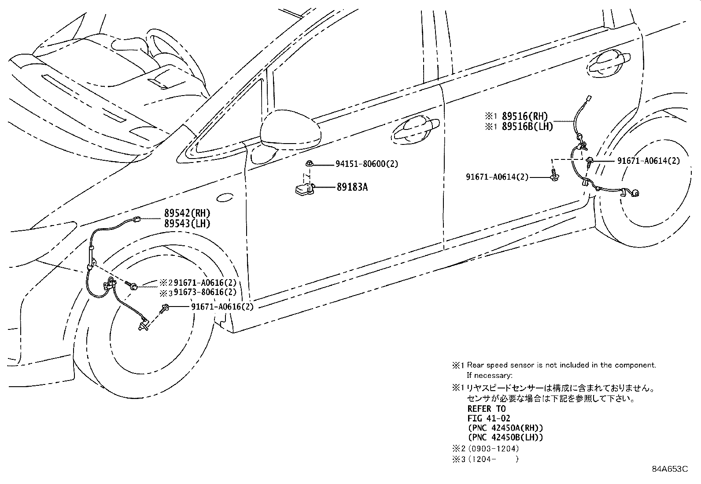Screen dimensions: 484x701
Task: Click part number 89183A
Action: point(352,187)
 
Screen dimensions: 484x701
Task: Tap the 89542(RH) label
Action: point(187,214)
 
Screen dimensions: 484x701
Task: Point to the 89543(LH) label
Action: point(187,224)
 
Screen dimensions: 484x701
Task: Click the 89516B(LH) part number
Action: point(527,126)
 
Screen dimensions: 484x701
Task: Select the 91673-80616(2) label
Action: point(205,292)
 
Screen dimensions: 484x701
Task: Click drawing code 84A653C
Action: point(669,469)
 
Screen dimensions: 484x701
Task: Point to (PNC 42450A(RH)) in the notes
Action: point(505,428)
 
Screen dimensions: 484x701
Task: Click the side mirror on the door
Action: point(291,130)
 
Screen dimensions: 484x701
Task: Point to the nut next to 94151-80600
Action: point(310,164)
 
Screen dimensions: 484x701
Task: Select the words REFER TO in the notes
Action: point(486,409)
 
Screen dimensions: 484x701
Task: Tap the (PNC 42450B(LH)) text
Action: point(505,438)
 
